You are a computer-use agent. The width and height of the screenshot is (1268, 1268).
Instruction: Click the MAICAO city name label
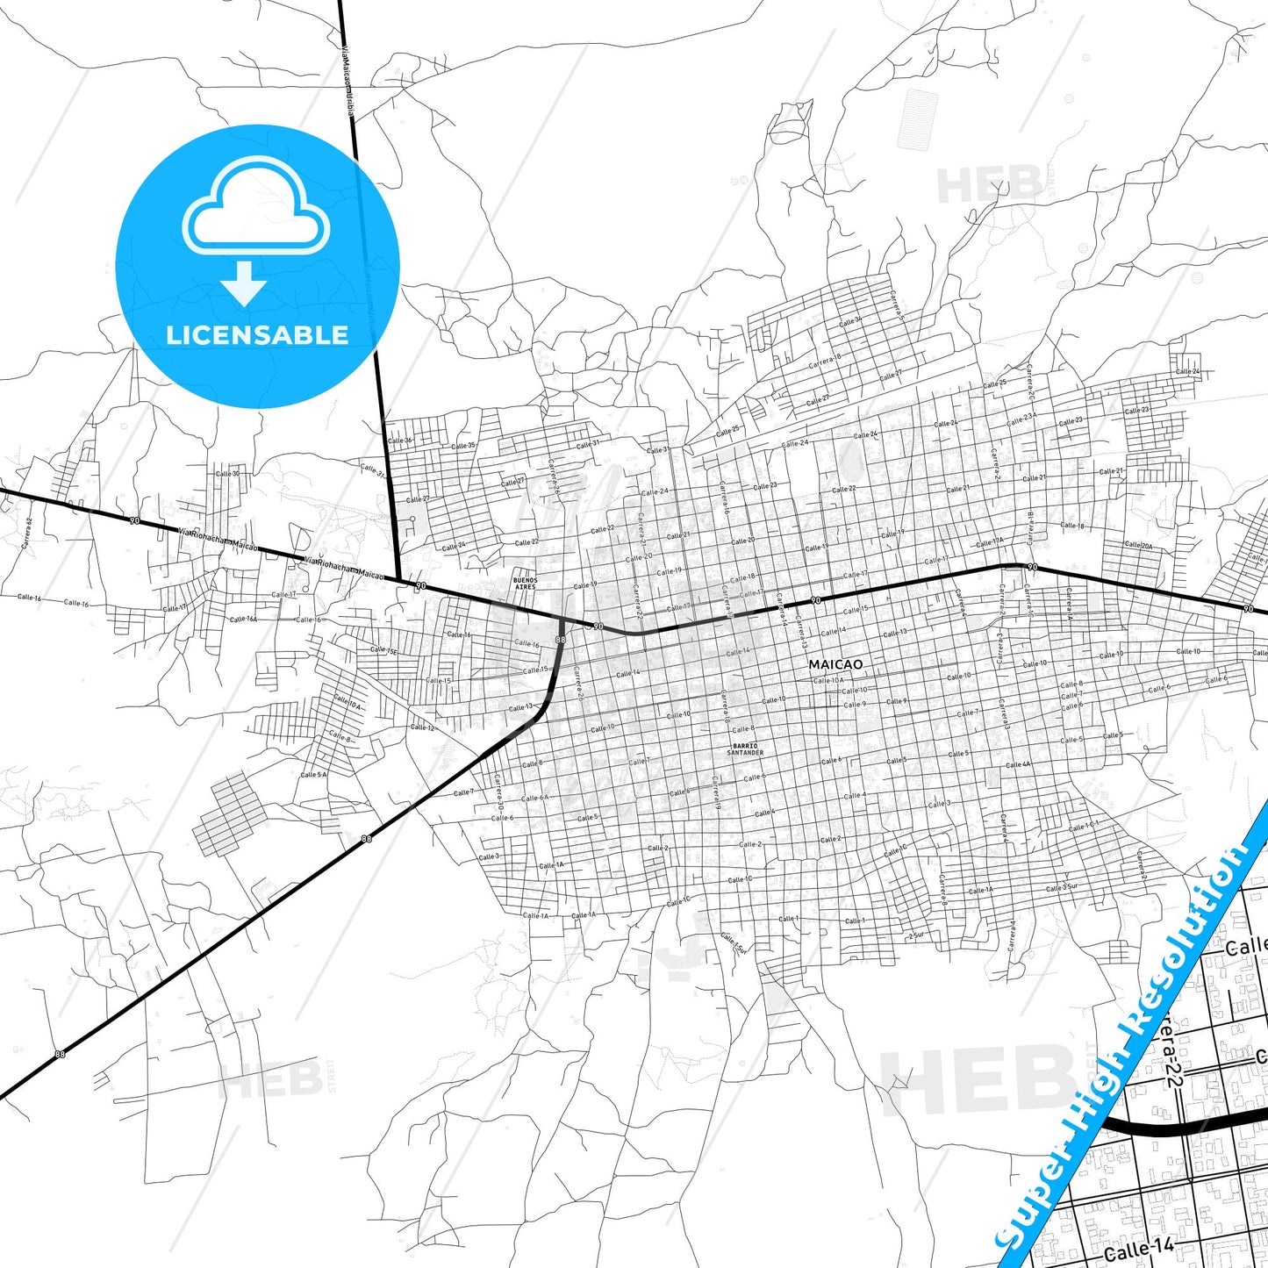click(x=829, y=664)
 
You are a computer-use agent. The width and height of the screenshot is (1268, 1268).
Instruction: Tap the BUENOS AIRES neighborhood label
click(x=524, y=584)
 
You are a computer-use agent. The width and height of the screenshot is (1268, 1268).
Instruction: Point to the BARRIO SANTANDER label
click(x=745, y=749)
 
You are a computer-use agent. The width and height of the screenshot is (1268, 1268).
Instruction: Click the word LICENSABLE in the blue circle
click(x=257, y=335)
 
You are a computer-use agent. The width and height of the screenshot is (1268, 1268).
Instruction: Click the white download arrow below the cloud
click(x=244, y=283)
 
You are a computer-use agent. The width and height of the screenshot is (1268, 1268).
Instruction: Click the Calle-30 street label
click(x=227, y=474)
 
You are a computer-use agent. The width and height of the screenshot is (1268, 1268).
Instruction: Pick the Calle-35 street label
click(x=464, y=445)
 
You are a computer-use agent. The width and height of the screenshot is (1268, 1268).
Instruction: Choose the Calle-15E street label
click(x=383, y=650)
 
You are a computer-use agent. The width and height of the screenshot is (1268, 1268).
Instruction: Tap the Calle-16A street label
click(x=243, y=619)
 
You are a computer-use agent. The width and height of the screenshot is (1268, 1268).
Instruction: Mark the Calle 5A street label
click(x=313, y=775)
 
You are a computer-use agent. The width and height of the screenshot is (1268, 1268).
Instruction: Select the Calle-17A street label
click(x=989, y=542)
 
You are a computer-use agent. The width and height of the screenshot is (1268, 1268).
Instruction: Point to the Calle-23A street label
click(x=1021, y=419)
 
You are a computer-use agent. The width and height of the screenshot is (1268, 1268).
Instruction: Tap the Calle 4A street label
click(x=1018, y=764)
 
